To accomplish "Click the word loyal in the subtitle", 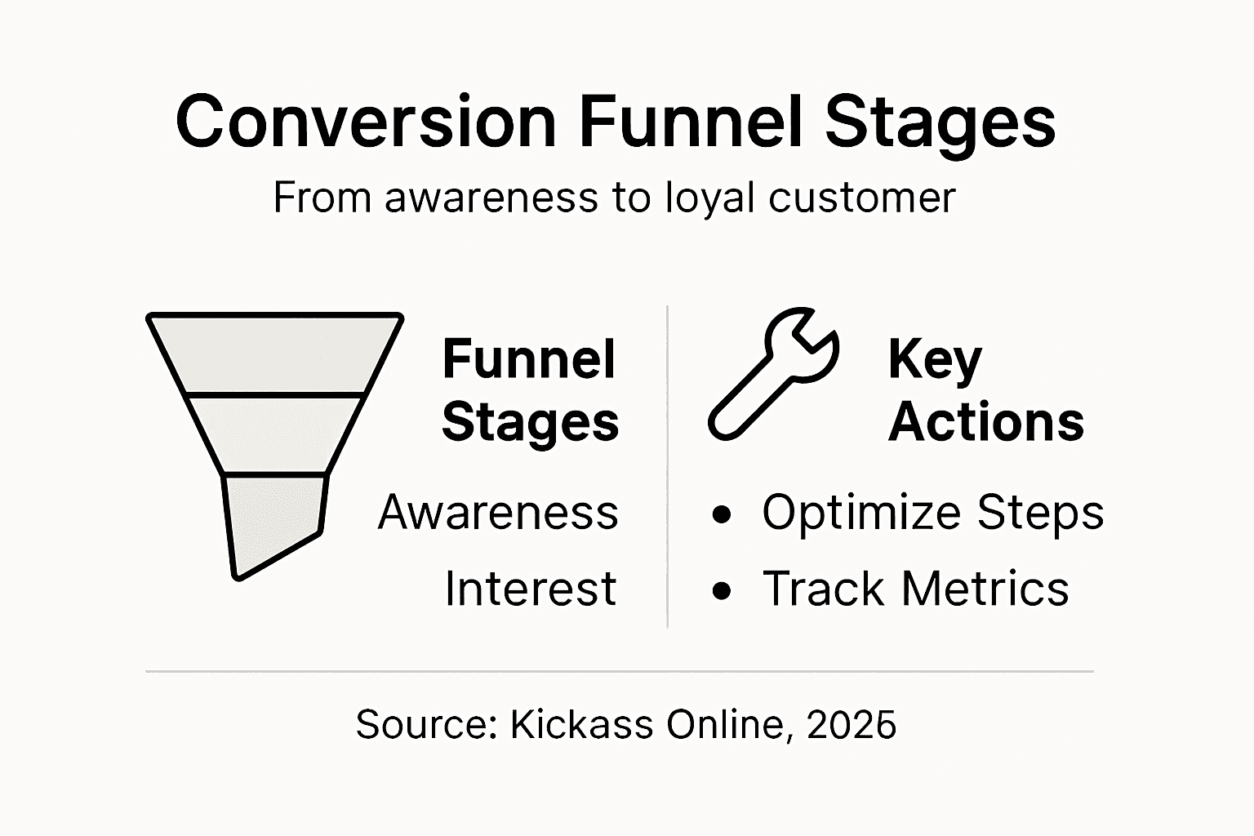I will coord(709,199).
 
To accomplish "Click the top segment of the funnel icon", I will coord(275,354).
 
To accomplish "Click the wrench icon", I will coord(772,374).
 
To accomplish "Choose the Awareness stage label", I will coord(498,513).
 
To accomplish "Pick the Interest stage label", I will coord(531,589).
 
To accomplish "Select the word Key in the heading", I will coord(935,360).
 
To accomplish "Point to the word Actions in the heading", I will coord(986,422).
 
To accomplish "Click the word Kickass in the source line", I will coord(582,724).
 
